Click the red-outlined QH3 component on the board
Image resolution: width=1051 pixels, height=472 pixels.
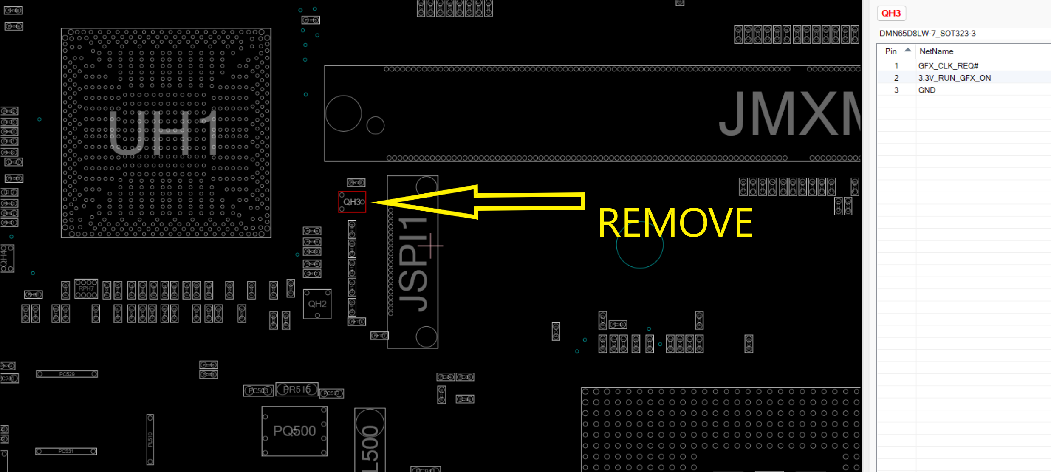(352, 202)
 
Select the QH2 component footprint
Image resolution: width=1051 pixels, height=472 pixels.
(317, 304)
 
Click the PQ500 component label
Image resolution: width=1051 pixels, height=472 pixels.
(294, 431)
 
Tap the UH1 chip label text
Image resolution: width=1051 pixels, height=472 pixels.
(164, 133)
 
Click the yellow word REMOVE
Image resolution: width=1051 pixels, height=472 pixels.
(675, 223)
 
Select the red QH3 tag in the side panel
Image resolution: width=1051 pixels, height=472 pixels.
(891, 13)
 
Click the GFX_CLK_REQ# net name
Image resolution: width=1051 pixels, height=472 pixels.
(948, 66)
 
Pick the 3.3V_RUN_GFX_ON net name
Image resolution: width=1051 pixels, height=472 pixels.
(954, 78)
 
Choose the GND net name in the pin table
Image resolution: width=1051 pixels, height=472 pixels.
(927, 90)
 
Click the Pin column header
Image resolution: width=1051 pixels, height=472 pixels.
(890, 51)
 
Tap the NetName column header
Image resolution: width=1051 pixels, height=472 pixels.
(936, 51)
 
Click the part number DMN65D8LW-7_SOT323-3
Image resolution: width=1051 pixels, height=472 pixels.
(927, 33)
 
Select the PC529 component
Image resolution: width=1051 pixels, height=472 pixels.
(67, 374)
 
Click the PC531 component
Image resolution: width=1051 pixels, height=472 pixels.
(66, 451)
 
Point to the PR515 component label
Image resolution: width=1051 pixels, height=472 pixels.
(297, 390)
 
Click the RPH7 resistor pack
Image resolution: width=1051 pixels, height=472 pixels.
(86, 289)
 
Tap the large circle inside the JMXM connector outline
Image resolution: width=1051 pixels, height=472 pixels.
(343, 113)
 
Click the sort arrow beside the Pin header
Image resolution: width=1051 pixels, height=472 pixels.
(907, 50)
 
